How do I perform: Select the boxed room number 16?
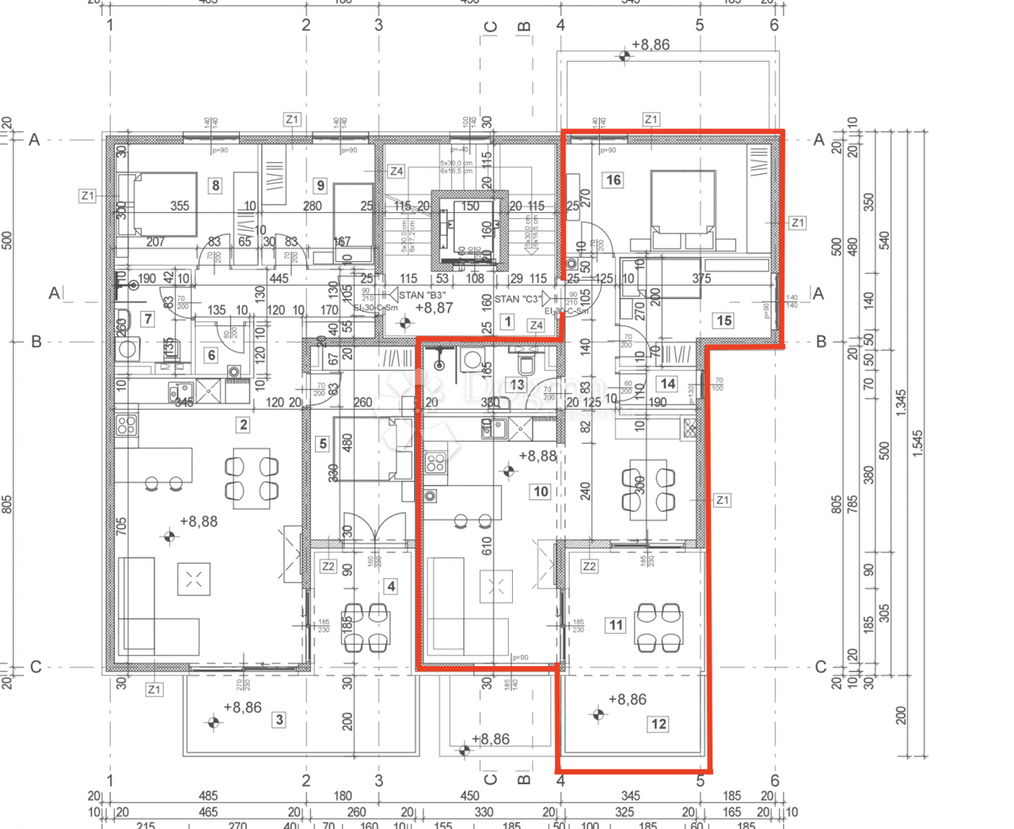tap(613, 179)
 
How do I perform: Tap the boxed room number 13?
tap(518, 385)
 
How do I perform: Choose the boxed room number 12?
tap(659, 723)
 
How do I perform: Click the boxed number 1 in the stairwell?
tap(507, 321)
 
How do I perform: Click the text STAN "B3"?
tap(423, 296)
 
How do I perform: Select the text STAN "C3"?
tap(520, 299)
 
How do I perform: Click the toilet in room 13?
tap(526, 364)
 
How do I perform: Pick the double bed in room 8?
tap(157, 205)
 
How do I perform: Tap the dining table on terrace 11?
tap(659, 626)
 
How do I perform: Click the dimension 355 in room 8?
tap(178, 205)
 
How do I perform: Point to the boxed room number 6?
tap(210, 355)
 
